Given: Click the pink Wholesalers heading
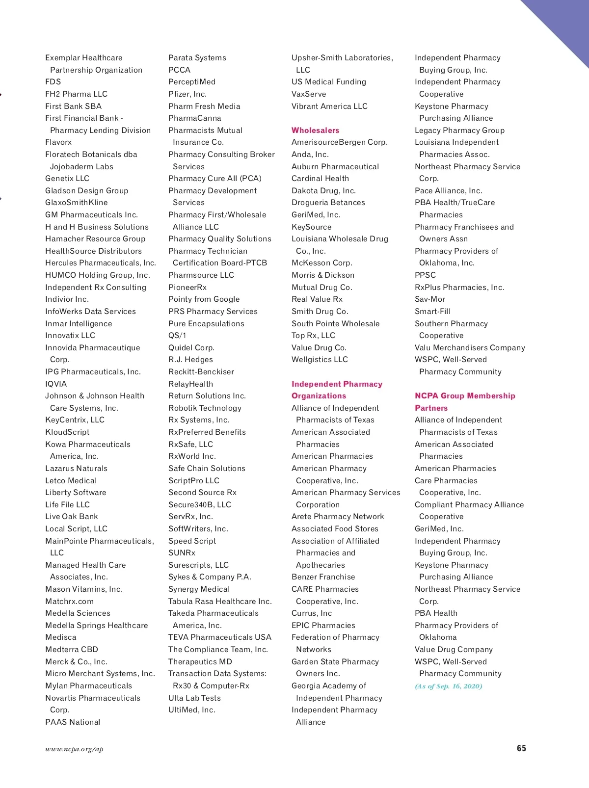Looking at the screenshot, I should [315, 130].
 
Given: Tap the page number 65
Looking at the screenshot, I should [521, 748].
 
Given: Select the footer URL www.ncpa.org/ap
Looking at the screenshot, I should [74, 749].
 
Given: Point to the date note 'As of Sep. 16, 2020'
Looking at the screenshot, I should [449, 686].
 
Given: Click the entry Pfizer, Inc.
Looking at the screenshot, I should [187, 94].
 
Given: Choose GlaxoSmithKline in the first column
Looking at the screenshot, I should [76, 202].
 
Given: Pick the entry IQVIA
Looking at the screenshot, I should [56, 384].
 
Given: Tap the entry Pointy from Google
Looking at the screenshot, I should [204, 299].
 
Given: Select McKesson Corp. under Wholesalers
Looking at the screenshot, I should [321, 263].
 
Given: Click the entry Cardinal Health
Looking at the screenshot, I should [320, 178].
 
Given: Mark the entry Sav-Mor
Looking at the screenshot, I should [430, 299].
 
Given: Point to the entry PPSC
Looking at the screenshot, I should [425, 275].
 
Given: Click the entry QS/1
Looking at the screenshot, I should [177, 335].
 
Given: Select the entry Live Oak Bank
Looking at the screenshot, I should [71, 516].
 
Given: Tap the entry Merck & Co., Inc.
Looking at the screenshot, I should [76, 661].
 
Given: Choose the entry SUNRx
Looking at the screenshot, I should [182, 552].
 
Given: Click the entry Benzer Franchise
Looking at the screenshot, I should [323, 577].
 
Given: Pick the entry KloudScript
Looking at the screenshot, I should [67, 432].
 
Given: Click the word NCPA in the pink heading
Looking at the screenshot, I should [427, 395].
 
